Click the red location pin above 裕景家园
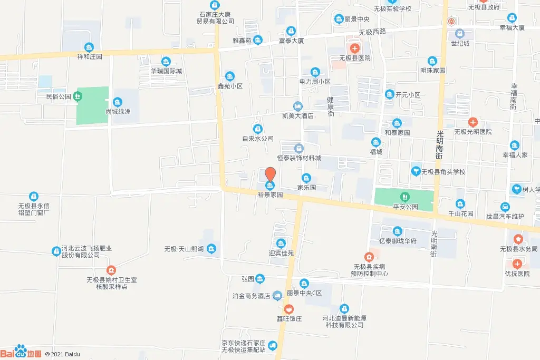click(270, 174)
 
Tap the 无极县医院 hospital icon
click(354, 48)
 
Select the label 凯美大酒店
click(298, 115)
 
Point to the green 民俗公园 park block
click(92, 105)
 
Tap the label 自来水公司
click(258, 139)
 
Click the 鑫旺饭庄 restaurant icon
click(289, 308)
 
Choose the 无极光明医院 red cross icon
click(472, 122)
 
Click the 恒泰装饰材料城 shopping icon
click(299, 149)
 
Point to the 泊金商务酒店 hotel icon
click(277, 296)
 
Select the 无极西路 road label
click(372, 32)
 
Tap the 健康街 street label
click(331, 106)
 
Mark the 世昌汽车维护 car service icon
click(505, 207)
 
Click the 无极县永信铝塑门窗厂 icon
click(34, 196)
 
